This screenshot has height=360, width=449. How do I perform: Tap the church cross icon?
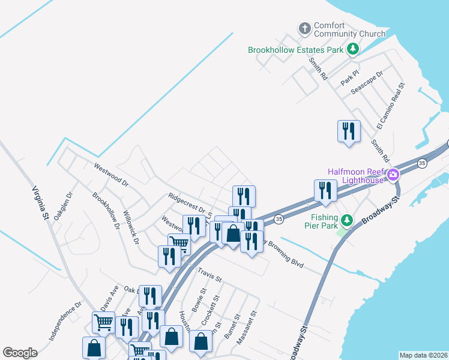coord(304,28)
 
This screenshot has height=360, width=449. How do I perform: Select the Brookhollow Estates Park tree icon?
coord(354,49)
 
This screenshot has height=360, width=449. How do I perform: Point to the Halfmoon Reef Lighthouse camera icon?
coord(394,175)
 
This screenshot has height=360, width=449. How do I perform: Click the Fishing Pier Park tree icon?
coord(346,220)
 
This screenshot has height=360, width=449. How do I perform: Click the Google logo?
coord(20,353)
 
